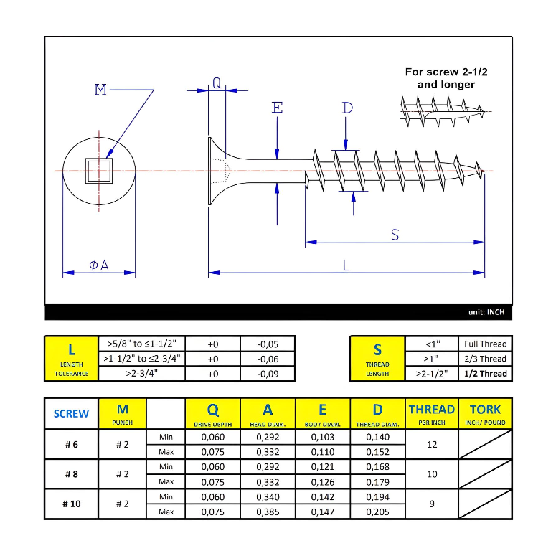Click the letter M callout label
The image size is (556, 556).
tap(100, 90)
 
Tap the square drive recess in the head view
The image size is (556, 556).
tap(98, 171)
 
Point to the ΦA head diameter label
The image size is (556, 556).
tap(99, 265)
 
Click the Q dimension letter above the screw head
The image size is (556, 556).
tap(217, 83)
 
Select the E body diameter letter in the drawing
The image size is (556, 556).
tap(277, 108)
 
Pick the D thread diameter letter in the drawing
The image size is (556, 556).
tap(347, 108)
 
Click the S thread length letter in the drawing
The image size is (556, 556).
tap(395, 234)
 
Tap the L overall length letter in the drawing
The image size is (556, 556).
tap(347, 265)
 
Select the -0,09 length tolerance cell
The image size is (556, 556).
tap(268, 374)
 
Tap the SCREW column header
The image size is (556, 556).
tap(72, 413)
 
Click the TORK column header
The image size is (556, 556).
tap(485, 413)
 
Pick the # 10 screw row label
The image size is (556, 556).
tap(72, 504)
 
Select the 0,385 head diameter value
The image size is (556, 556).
tap(268, 512)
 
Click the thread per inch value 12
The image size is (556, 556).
tap(432, 444)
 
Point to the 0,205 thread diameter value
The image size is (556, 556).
tap(377, 512)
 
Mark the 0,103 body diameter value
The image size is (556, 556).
tap(323, 436)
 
